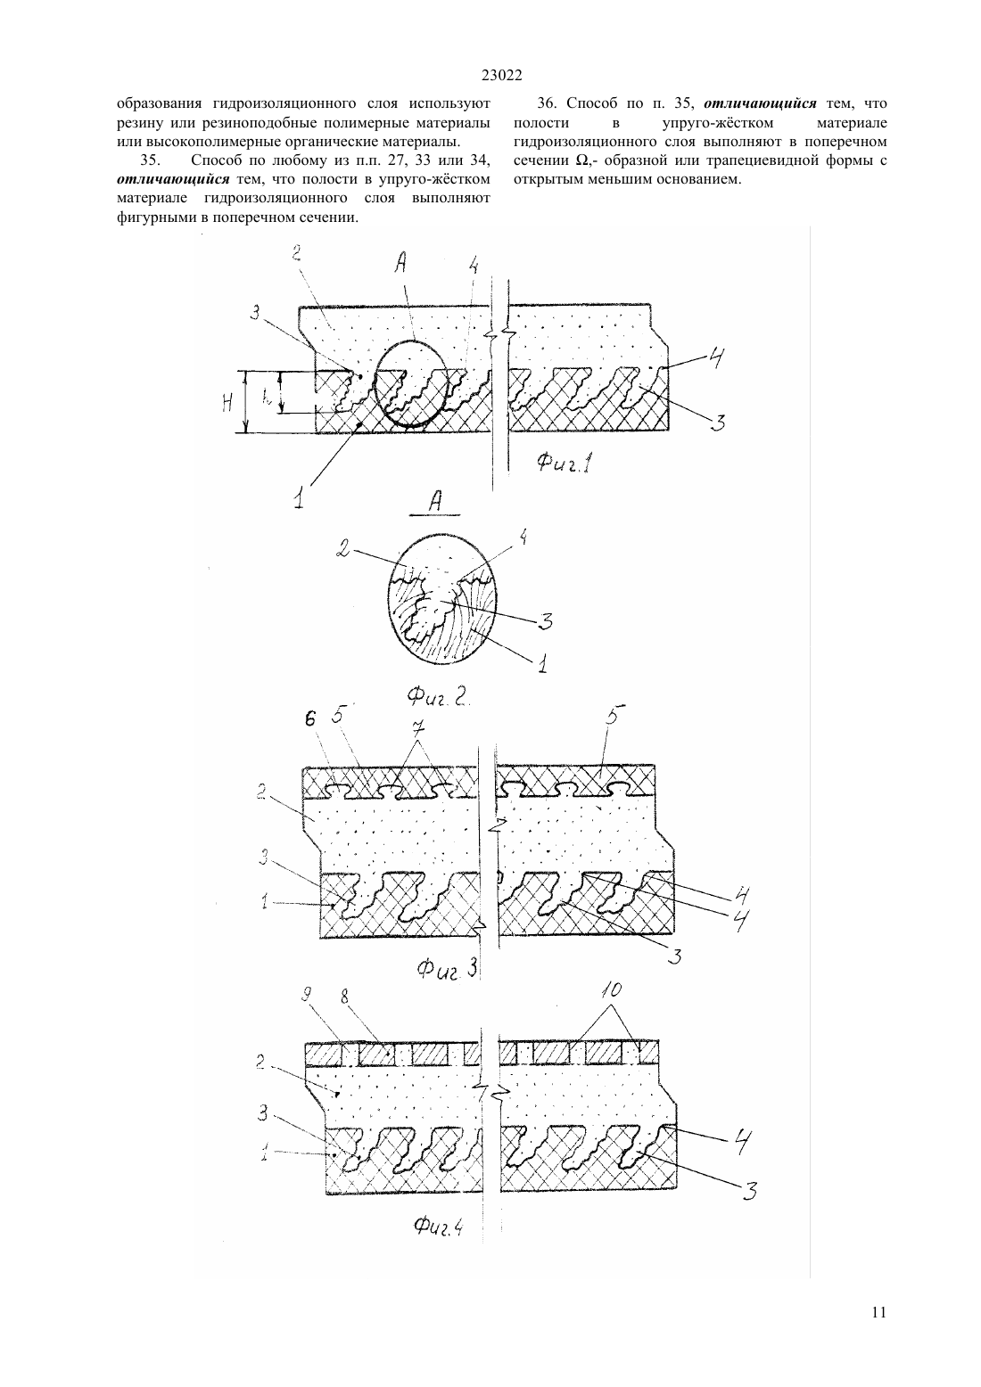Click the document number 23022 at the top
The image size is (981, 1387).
tap(501, 76)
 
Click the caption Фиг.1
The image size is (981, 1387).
tap(565, 463)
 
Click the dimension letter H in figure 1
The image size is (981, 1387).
tap(227, 405)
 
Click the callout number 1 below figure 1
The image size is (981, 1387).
tap(300, 498)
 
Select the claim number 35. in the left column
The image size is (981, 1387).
tap(150, 161)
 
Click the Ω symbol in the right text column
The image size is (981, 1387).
tap(581, 161)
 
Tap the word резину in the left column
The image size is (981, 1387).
tap(137, 123)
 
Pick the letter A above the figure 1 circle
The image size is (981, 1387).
tap(400, 266)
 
